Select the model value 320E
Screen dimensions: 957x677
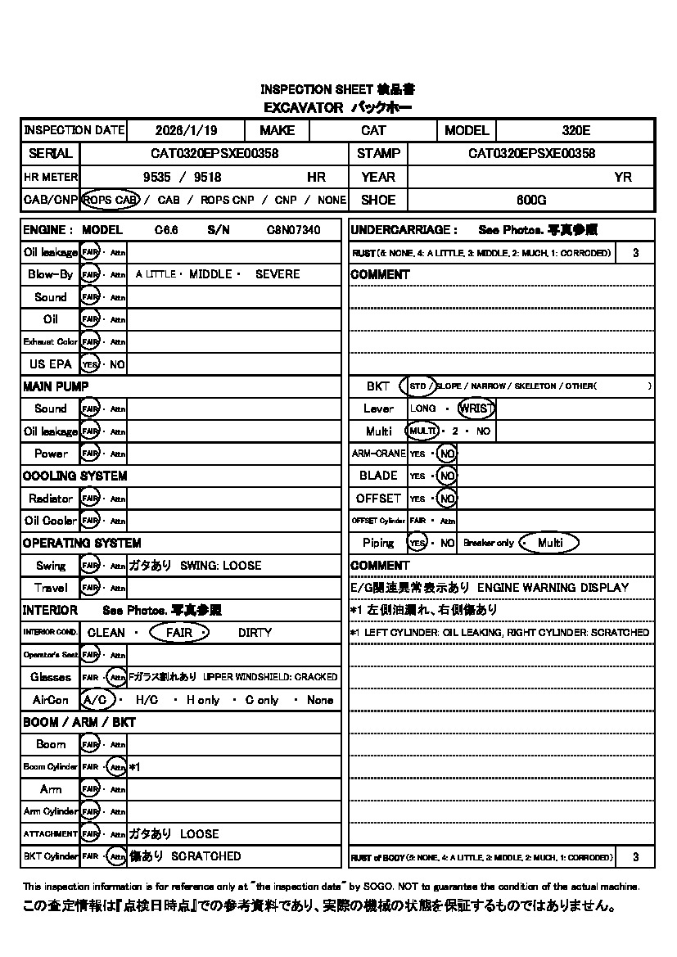576,130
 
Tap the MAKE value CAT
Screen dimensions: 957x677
373,130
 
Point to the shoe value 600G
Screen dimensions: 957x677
531,200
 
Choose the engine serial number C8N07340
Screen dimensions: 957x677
293,230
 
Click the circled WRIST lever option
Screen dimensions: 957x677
476,409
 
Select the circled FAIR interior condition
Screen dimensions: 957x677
178,633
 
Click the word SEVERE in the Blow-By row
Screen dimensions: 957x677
278,274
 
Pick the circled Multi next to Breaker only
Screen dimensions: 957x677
549,543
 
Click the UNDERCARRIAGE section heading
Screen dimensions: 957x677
404,230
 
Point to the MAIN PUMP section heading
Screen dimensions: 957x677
56,386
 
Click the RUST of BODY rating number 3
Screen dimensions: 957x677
636,857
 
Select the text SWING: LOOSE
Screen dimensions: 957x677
221,566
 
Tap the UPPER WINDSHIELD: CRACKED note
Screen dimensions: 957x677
270,677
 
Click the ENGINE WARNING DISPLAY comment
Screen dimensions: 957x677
553,588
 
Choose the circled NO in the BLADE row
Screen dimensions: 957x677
446,476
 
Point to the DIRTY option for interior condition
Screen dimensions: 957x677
255,633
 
